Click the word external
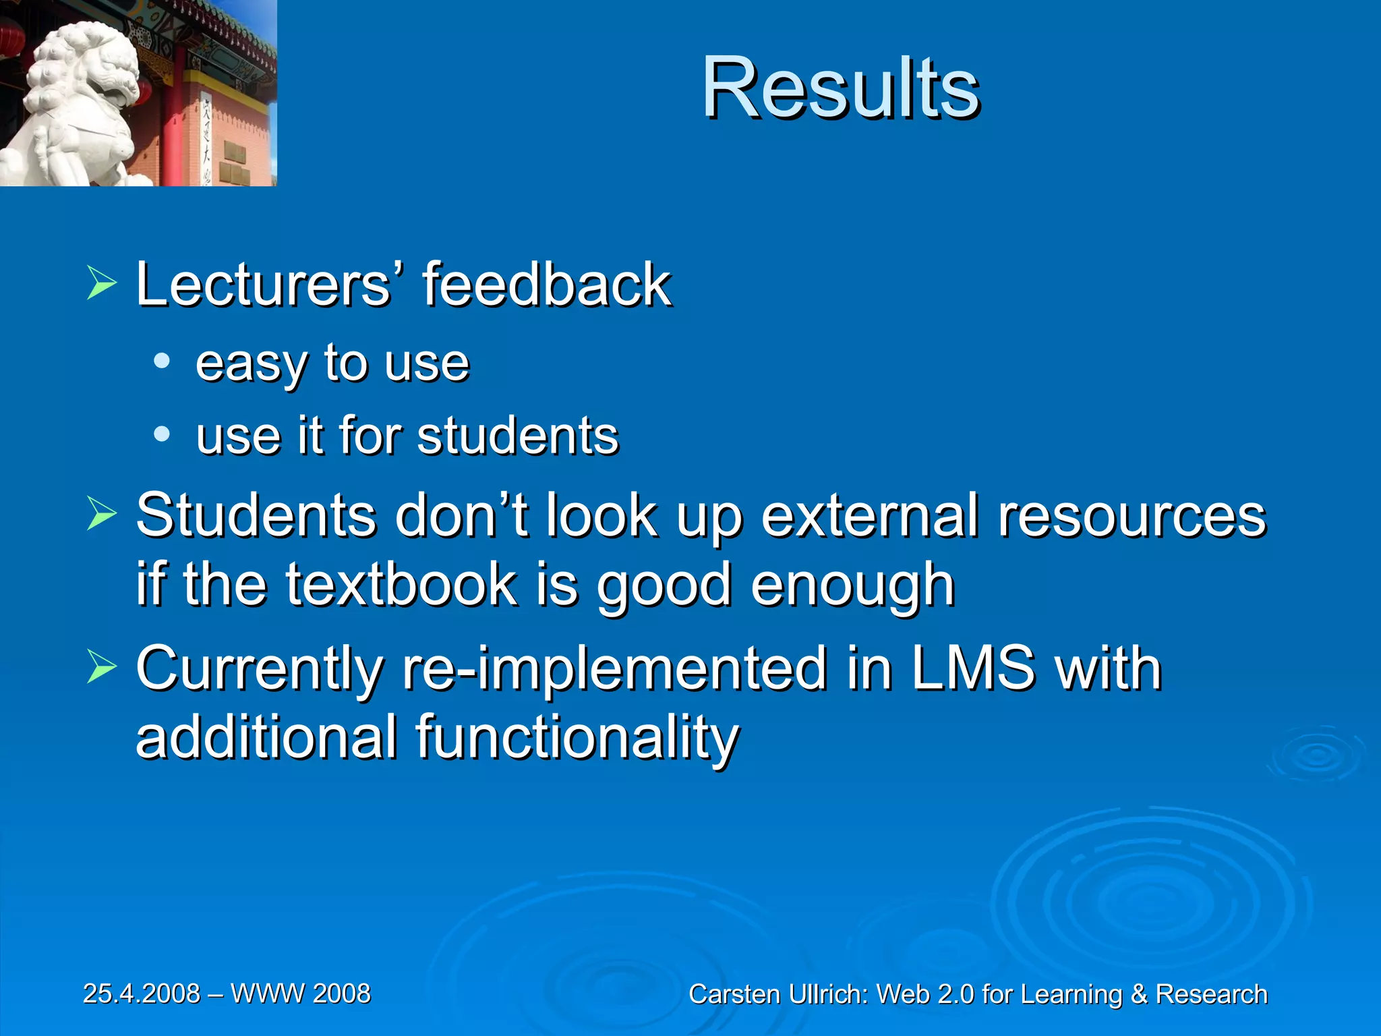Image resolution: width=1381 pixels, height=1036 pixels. click(x=869, y=515)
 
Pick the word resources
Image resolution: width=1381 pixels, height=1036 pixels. click(x=1132, y=517)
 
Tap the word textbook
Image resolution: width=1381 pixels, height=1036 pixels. click(x=401, y=584)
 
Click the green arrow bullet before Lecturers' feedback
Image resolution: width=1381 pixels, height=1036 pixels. click(x=102, y=284)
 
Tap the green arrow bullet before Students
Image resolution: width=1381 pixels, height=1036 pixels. click(x=102, y=516)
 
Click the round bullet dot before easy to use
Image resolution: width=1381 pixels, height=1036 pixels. click(x=162, y=362)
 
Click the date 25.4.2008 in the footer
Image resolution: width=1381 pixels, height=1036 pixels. click(x=142, y=994)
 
